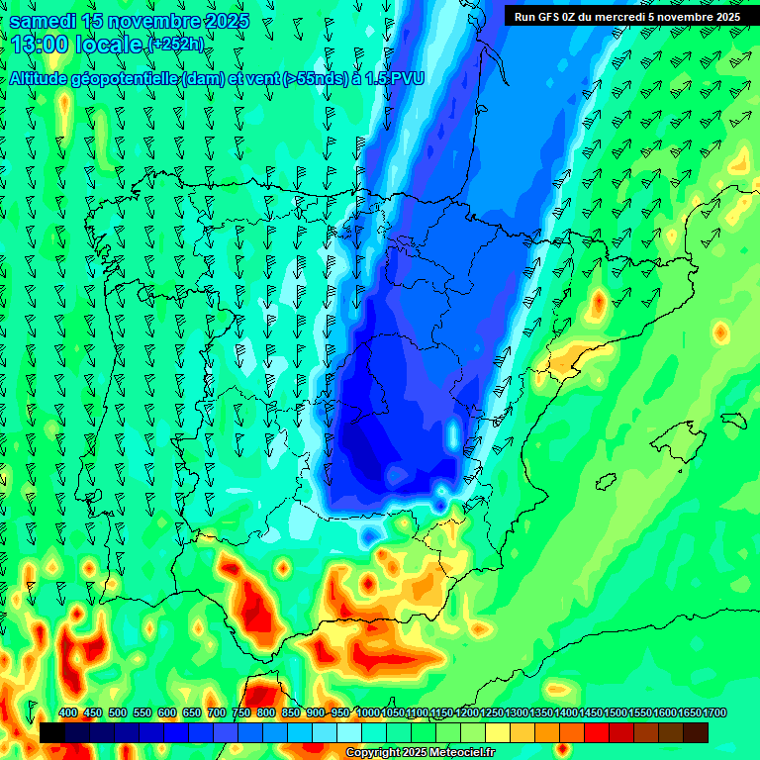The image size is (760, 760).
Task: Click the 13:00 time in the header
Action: tap(41, 44)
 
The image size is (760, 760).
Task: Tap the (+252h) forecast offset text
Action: tap(176, 45)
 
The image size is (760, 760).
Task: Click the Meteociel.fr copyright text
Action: tap(420, 753)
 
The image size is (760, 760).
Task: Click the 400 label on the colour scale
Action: tap(68, 713)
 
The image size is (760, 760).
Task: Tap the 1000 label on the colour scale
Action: tap(367, 713)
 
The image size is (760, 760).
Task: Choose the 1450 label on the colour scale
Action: tap(591, 713)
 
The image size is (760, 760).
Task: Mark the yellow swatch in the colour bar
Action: tap(498, 732)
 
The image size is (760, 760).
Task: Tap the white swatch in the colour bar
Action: tap(349, 732)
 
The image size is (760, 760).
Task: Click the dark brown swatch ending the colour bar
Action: tap(696, 732)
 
